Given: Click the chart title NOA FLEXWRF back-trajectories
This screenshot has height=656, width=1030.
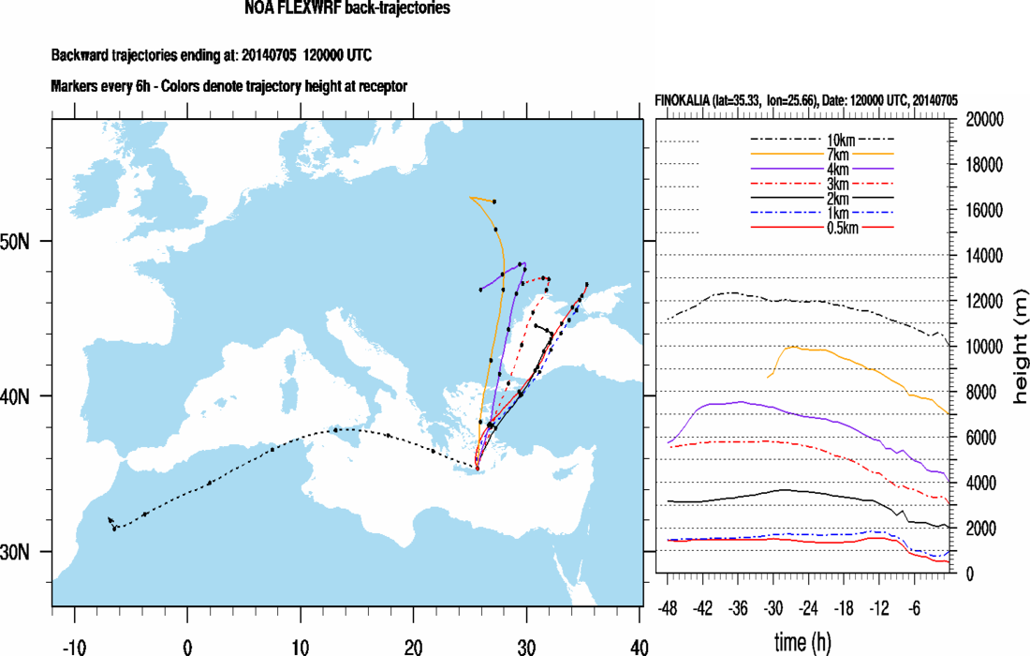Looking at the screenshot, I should [346, 9].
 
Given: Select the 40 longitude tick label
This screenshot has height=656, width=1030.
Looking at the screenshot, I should [640, 646].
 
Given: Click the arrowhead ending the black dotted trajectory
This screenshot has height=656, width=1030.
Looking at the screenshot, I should [110, 519].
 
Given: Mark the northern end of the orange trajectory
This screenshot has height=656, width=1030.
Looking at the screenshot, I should [472, 198].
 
